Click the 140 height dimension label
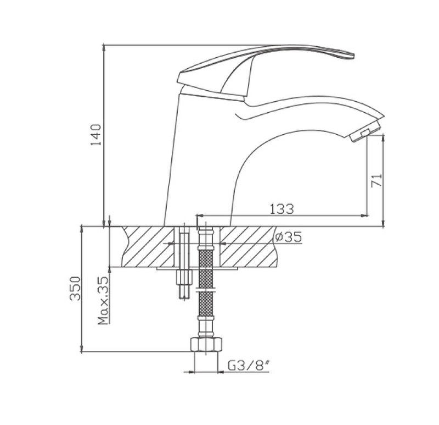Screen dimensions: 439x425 pyautogui.click(x=96, y=135)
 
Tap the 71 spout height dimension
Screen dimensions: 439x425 pyautogui.click(x=376, y=180)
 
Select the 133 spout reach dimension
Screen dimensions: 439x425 pyautogui.click(x=282, y=209)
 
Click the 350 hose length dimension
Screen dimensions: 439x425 pyautogui.click(x=75, y=289)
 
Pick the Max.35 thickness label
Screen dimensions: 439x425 pyautogui.click(x=103, y=301)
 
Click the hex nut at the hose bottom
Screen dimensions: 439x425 pyautogui.click(x=206, y=345)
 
